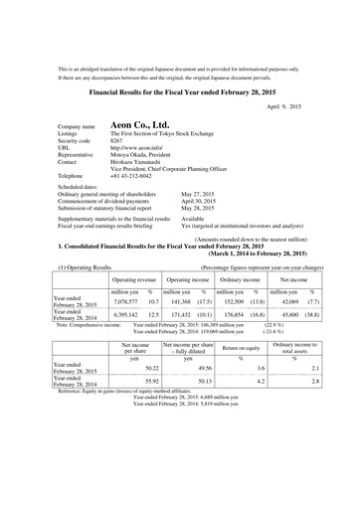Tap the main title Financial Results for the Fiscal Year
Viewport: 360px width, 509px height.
[180, 88]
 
